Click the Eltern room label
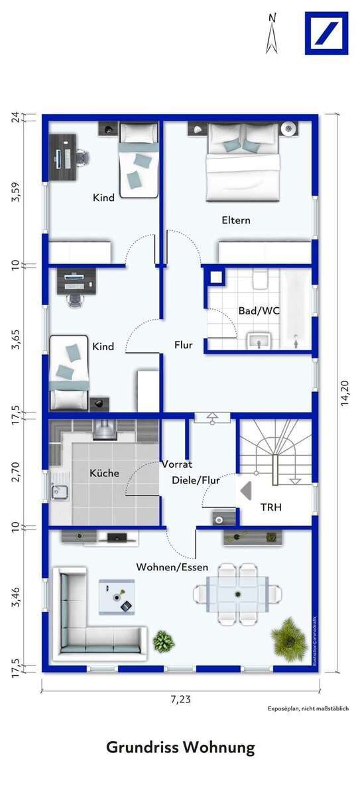pos(236,220)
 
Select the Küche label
pos(105,473)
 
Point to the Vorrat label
pos(177,464)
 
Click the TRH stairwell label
pos(270,507)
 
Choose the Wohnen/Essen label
pos(172,567)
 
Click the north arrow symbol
pos(271,33)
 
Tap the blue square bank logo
pos(326,33)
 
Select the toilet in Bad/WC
pos(260,279)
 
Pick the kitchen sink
pos(59,492)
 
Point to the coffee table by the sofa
pos(117,594)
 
